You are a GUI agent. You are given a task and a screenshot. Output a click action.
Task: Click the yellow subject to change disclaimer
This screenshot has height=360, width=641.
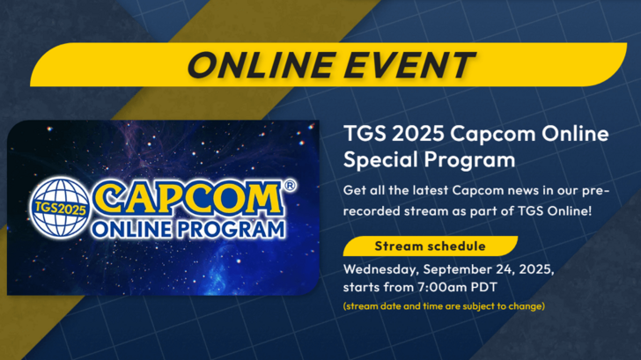tap(445, 305)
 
